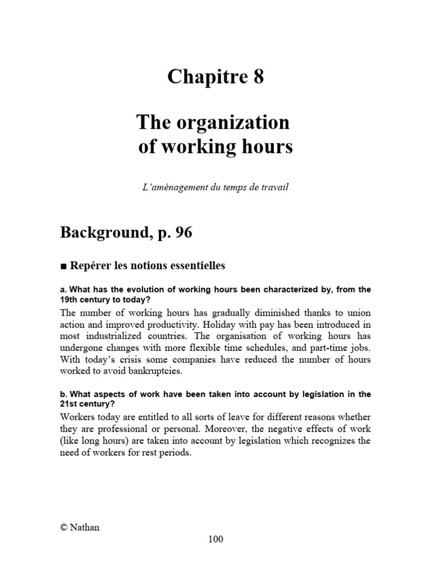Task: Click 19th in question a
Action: coord(70,300)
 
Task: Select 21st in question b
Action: coord(69,404)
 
